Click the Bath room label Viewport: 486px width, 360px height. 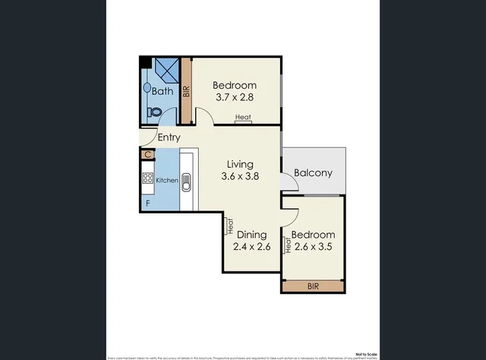[161, 92]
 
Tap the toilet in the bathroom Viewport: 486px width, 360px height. [154, 112]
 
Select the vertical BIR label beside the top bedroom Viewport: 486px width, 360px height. [185, 92]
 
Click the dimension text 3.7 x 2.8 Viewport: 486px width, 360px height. [235, 98]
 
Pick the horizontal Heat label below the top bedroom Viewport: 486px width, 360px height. [243, 117]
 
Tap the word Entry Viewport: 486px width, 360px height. [169, 137]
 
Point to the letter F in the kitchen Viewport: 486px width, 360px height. [148, 204]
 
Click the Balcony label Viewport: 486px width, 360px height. [314, 172]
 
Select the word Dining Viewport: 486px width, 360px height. [251, 235]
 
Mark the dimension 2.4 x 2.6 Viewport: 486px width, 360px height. [252, 247]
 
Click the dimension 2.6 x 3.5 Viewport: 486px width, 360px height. [314, 247]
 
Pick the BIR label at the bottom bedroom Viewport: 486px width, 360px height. [312, 286]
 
